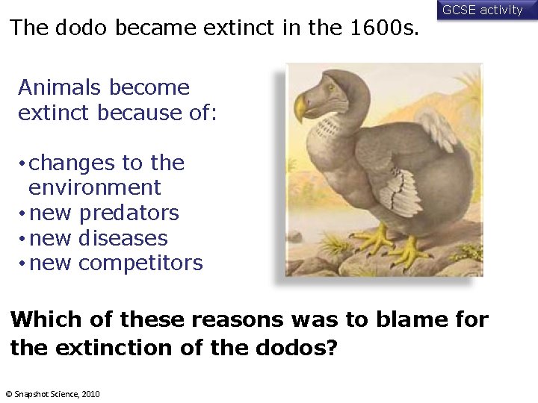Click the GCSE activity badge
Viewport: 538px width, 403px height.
pyautogui.click(x=483, y=10)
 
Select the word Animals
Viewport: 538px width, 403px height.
pyautogui.click(x=61, y=87)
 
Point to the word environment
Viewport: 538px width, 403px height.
pyautogui.click(x=94, y=187)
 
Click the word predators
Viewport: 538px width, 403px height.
pyautogui.click(x=129, y=213)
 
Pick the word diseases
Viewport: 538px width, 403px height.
pyautogui.click(x=123, y=238)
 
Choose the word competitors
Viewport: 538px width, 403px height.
pyautogui.click(x=140, y=263)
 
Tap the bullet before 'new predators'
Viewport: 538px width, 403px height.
pyautogui.click(x=23, y=214)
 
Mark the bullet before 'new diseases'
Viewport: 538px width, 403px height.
pyautogui.click(x=23, y=240)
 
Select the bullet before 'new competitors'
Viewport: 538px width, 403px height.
pyautogui.click(x=23, y=264)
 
